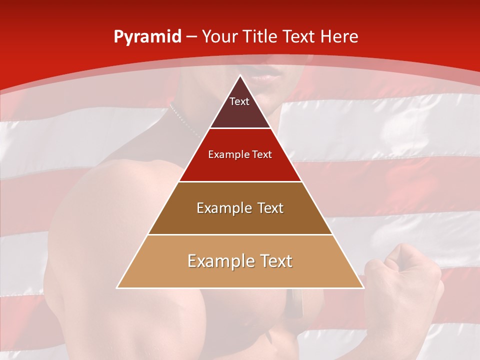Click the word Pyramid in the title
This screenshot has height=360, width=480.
[x=147, y=37]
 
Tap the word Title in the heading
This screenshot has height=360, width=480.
[x=260, y=36]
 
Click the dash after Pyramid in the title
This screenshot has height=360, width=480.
[x=191, y=37]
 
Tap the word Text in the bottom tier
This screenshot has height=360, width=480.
[x=274, y=261]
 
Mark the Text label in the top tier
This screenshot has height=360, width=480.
[x=239, y=101]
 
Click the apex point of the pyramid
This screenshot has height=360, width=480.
[x=240, y=76]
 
